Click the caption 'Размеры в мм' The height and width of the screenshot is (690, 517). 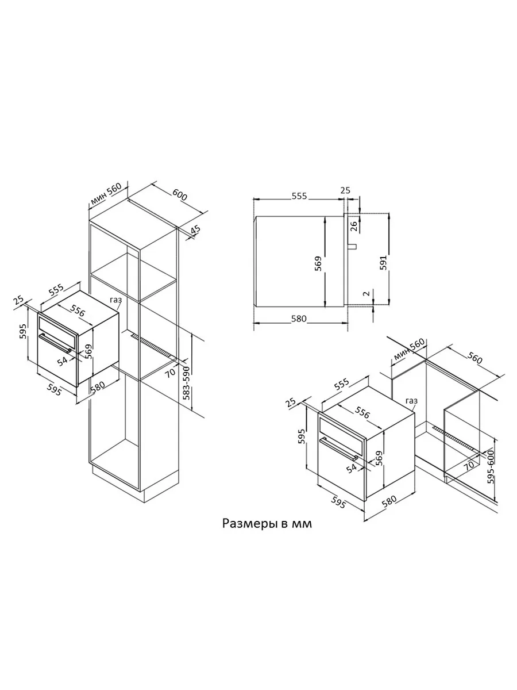click(x=267, y=524)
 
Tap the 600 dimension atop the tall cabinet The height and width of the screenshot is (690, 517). click(x=180, y=195)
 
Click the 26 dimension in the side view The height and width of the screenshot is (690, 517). click(x=353, y=227)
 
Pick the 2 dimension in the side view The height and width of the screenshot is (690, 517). click(x=366, y=294)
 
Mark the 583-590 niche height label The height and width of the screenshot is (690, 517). click(x=187, y=383)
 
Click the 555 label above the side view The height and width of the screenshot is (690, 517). click(x=299, y=196)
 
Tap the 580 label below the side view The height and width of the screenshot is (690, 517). click(x=299, y=319)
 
